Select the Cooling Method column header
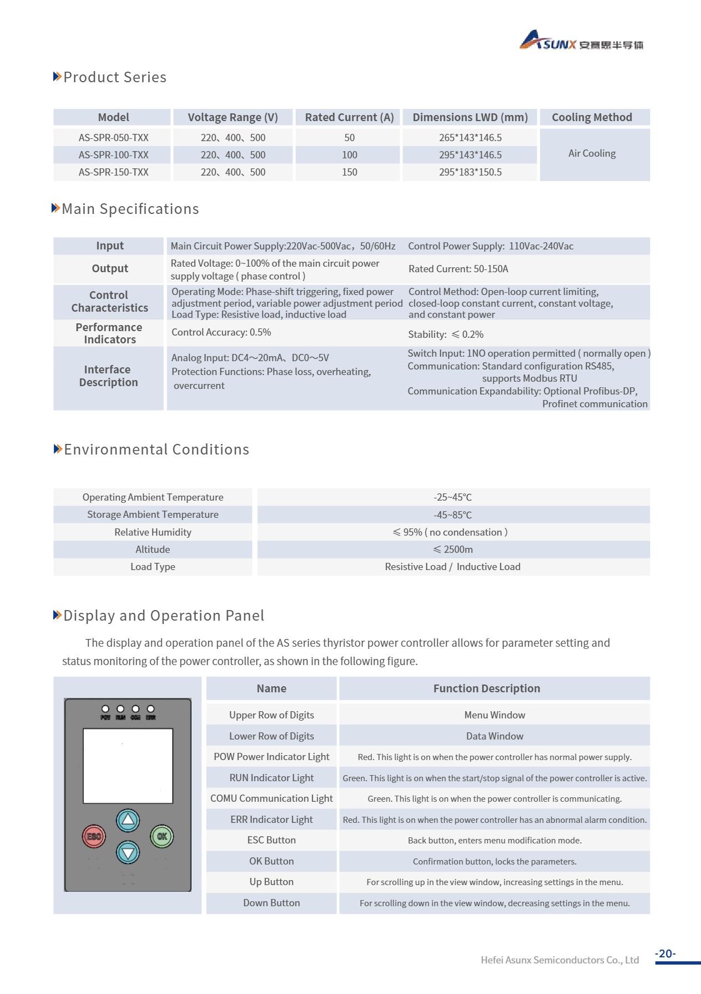point(592,117)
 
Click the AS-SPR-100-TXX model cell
point(113,155)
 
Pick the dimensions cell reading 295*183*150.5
point(470,172)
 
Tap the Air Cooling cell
point(592,154)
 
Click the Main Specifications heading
point(130,209)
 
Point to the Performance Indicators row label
point(109,333)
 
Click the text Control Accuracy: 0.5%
point(221,332)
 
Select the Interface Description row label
point(109,376)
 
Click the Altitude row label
point(153,550)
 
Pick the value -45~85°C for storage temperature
point(452,515)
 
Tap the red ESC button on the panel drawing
point(94,836)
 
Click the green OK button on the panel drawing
point(162,836)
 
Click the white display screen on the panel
point(128,766)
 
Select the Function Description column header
point(486,688)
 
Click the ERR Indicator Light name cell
point(271,820)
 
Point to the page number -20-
point(665,953)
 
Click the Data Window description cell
point(494,736)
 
